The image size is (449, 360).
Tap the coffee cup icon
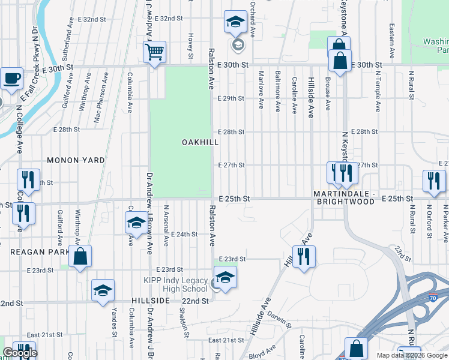[11, 77]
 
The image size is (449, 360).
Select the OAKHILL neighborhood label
[200, 142]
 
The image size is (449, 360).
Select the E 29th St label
[231, 98]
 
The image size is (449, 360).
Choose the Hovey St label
[190, 46]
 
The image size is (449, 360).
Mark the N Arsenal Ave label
[166, 221]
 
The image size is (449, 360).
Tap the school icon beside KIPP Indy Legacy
[225, 277]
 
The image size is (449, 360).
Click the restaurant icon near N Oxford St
[433, 181]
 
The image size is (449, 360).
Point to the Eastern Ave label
[391, 41]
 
